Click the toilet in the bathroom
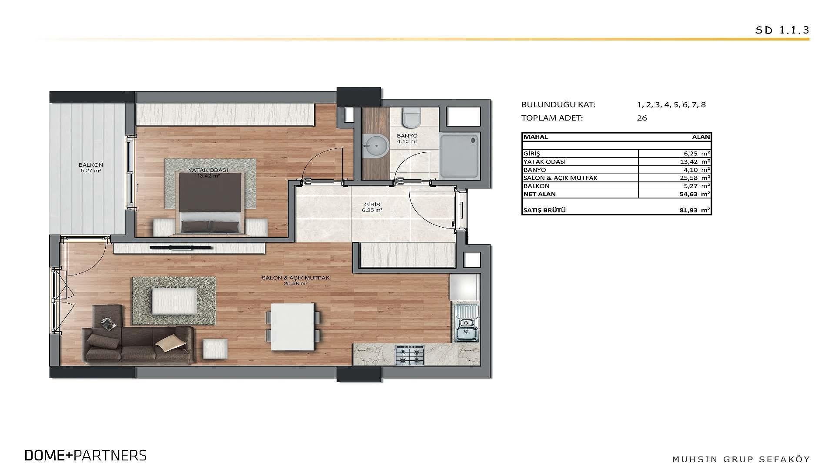coord(411,116)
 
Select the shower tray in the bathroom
coord(460,156)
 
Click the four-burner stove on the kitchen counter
coord(410,355)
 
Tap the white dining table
coord(293,326)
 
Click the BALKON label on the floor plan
coord(91,165)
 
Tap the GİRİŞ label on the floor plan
coord(372,205)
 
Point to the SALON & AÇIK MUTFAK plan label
coord(295,278)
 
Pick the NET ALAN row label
coord(540,194)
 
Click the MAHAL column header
coord(536,137)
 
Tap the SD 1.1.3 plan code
coord(782,30)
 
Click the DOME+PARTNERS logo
coord(86,455)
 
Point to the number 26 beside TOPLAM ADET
coord(642,118)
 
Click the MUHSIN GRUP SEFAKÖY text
coord(741,459)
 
